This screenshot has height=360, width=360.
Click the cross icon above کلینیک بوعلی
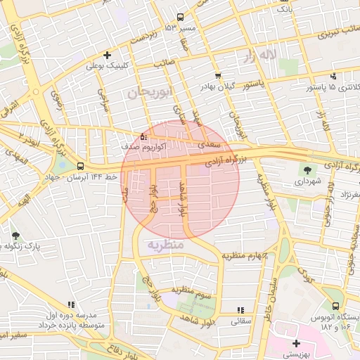[107, 55]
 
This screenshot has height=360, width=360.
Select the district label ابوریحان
[150, 92]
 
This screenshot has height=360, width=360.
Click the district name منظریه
[166, 245]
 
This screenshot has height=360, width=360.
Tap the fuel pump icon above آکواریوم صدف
[143, 136]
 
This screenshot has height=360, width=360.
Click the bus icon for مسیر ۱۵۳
[181, 18]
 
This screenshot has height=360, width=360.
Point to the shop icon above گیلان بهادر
[217, 75]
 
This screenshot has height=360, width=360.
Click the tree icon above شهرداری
[307, 169]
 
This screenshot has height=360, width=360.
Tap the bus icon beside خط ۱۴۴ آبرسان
[81, 167]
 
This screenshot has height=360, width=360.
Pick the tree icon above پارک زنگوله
[15, 236]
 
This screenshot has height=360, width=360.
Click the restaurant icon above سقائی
[241, 310]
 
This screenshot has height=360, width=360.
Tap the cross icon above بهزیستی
[297, 343]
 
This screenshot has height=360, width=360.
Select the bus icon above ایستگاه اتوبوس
[335, 306]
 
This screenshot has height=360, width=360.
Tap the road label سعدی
[212, 144]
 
